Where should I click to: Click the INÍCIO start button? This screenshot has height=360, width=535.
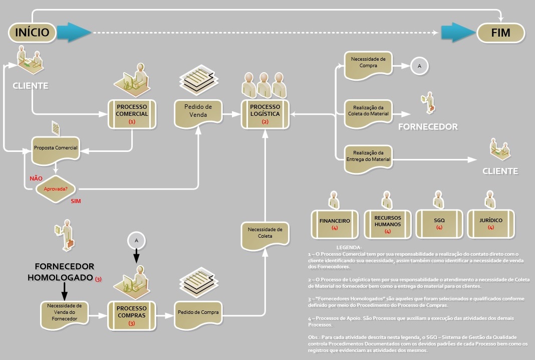tap(32, 33)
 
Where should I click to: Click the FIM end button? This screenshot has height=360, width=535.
tap(501, 33)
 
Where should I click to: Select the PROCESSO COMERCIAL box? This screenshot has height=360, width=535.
tap(132, 114)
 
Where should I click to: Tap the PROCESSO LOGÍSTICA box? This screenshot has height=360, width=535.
tap(265, 114)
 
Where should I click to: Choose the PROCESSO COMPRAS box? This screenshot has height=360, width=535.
tap(132, 315)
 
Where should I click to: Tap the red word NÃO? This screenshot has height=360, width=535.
tap(36, 178)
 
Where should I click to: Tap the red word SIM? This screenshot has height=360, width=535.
tap(76, 202)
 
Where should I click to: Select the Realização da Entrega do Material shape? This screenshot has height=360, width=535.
tap(368, 159)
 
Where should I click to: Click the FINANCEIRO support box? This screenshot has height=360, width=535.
tap(335, 224)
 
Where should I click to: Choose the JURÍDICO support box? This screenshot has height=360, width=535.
tap(490, 224)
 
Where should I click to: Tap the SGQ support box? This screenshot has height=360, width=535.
tap(439, 224)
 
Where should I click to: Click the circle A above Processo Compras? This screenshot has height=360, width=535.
tap(136, 241)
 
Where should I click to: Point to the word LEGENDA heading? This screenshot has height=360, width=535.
tap(349, 248)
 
